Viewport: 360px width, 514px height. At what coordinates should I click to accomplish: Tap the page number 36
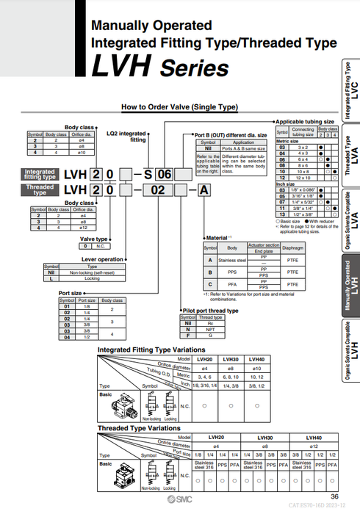pyautogui.click(x=334, y=497)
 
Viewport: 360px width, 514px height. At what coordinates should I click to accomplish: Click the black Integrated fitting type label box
pyautogui.click(x=40, y=174)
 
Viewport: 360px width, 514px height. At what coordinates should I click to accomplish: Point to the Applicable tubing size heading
pyautogui.click(x=306, y=121)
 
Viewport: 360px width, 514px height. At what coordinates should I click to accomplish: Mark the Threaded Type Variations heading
pyautogui.click(x=139, y=427)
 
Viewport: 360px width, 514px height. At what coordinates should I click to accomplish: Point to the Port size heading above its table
pyautogui.click(x=70, y=293)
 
